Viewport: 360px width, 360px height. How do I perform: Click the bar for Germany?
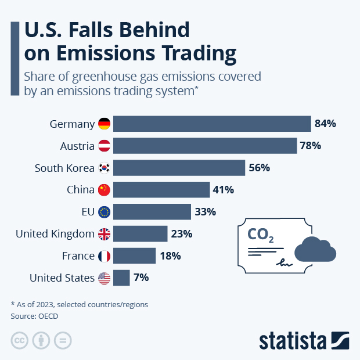[212, 124]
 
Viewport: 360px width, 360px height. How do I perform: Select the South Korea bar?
[179, 168]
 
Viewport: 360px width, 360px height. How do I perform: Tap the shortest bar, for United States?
[121, 278]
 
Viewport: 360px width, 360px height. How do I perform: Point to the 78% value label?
[310, 146]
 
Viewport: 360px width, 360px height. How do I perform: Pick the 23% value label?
[181, 234]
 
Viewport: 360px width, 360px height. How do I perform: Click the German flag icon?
[104, 124]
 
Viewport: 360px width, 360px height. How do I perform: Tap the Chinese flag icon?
[104, 190]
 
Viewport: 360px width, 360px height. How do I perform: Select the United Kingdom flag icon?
[104, 234]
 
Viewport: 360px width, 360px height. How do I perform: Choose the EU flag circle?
[104, 212]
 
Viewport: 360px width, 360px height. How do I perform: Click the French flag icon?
[104, 256]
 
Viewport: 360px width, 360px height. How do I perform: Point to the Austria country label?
[77, 146]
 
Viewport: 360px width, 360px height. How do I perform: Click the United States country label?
[62, 278]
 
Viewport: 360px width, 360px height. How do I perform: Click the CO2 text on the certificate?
[261, 235]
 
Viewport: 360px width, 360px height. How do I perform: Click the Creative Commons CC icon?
[20, 340]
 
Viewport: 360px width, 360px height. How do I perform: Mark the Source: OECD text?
[35, 316]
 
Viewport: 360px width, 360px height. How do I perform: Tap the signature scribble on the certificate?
[285, 262]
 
